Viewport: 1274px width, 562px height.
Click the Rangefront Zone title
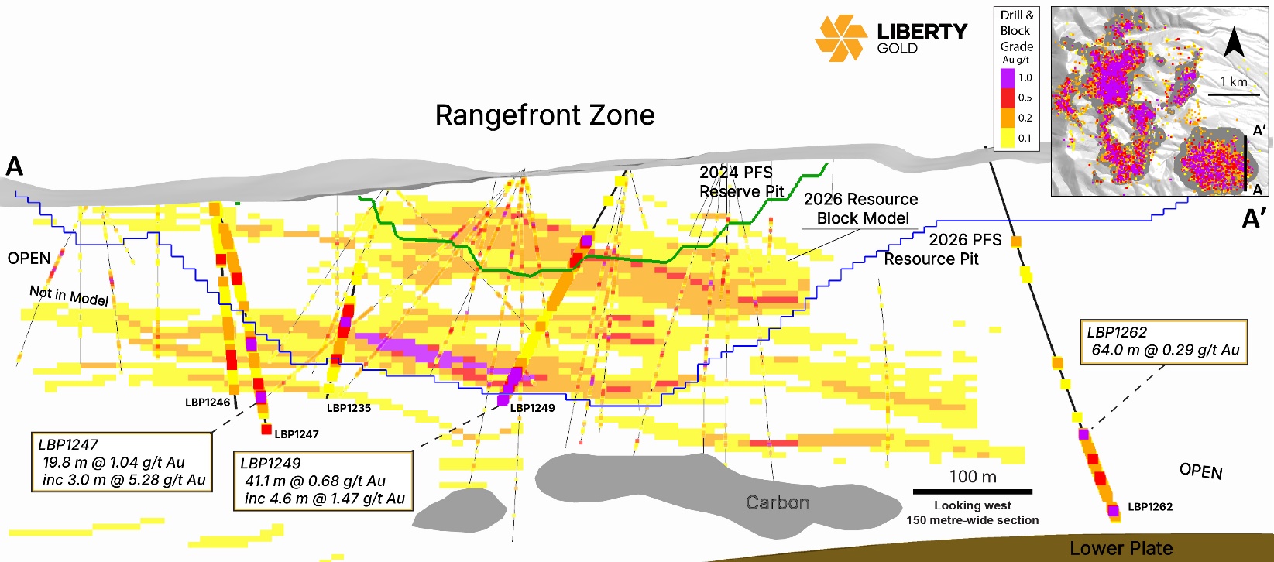[544, 115]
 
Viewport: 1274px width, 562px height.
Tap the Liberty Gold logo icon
[840, 38]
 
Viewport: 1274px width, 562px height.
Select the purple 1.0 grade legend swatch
[1007, 77]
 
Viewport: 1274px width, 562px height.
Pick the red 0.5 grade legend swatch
[1007, 98]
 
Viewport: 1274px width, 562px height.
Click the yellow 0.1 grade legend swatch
[1007, 138]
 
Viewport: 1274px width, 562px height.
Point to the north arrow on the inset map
[1234, 43]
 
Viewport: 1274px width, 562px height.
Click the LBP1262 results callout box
[1164, 341]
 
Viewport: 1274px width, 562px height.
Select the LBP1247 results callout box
[122, 462]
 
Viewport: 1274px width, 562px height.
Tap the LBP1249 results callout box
[323, 481]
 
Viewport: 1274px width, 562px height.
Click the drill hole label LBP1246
[208, 403]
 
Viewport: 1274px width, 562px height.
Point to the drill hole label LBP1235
[349, 408]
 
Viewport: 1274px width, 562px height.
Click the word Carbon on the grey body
[778, 503]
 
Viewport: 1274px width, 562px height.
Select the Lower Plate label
[1121, 549]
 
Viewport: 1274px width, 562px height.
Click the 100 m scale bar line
[973, 492]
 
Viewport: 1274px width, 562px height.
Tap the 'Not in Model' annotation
[69, 295]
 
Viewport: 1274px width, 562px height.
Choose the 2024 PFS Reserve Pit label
[741, 182]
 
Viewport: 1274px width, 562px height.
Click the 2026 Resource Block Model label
[861, 209]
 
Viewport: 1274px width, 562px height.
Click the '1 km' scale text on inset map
[1234, 82]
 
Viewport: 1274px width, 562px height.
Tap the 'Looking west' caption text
[973, 505]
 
